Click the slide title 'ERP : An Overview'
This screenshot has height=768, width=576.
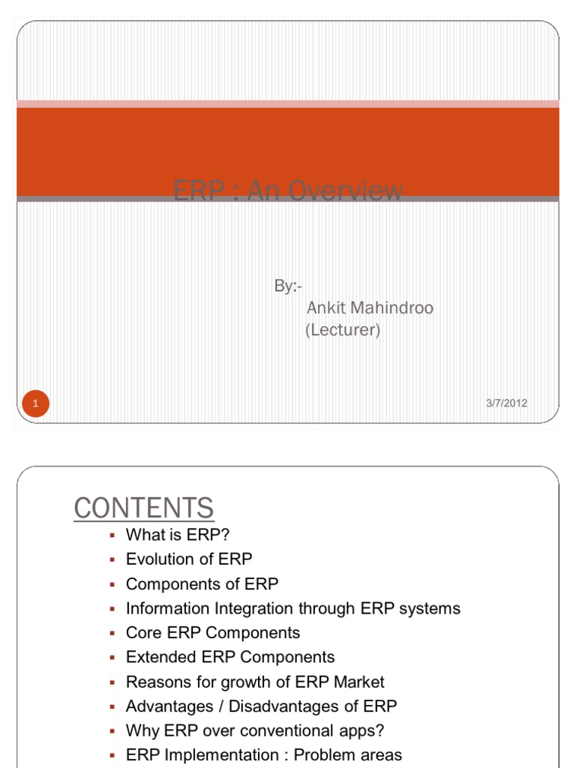288,192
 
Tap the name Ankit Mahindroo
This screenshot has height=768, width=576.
370,308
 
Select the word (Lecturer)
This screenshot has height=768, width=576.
342,330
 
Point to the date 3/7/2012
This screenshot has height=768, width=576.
506,403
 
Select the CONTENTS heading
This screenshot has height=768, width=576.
144,508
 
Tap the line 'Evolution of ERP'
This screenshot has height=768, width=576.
189,559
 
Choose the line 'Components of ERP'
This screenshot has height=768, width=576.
202,583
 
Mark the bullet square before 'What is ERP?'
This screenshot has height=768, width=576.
111,535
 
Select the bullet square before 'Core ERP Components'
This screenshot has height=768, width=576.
111,633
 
